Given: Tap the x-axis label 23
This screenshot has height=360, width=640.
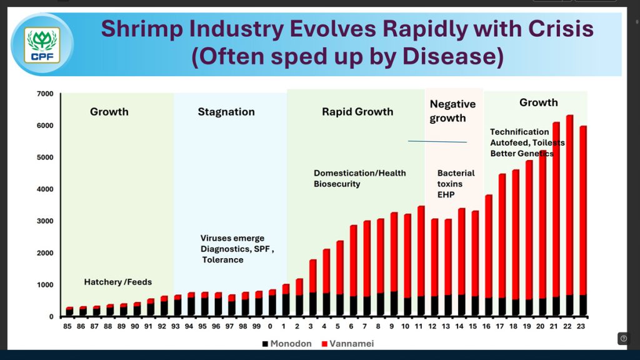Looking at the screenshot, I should [582, 326].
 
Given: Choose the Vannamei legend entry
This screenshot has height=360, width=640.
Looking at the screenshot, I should [351, 344].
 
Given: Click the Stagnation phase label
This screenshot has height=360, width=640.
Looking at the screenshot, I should [226, 112].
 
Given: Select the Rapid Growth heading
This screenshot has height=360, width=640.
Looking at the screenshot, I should [357, 112].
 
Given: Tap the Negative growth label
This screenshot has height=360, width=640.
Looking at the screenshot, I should [452, 111].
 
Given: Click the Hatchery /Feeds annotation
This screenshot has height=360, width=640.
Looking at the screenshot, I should [118, 282].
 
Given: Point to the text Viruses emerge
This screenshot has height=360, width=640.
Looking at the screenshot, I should [232, 238].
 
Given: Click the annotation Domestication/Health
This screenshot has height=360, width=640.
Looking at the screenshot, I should [359, 173].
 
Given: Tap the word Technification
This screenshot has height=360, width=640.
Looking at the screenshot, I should [519, 132].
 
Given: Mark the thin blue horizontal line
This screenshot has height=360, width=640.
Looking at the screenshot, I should [437, 142].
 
